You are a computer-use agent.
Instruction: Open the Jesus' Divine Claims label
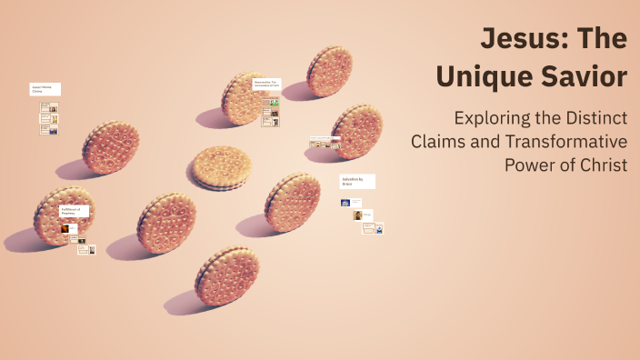(x=47, y=89)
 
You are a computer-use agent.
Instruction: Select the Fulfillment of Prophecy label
(x=73, y=212)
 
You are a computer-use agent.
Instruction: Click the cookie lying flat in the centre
(x=221, y=166)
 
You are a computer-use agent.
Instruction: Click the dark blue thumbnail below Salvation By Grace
(x=346, y=203)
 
